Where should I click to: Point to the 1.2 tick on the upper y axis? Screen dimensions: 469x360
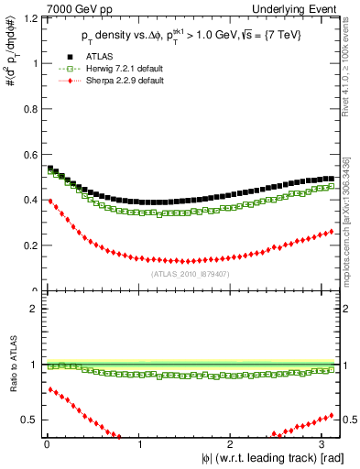(x=27, y=17)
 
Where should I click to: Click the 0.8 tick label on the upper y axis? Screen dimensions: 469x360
(x=27, y=109)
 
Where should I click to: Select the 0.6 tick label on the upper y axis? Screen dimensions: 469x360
(x=27, y=155)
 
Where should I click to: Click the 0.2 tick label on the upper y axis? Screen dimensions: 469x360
(x=27, y=245)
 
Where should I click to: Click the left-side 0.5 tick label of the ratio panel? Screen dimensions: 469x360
(x=27, y=420)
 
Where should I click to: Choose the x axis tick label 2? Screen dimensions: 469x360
(x=233, y=444)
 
